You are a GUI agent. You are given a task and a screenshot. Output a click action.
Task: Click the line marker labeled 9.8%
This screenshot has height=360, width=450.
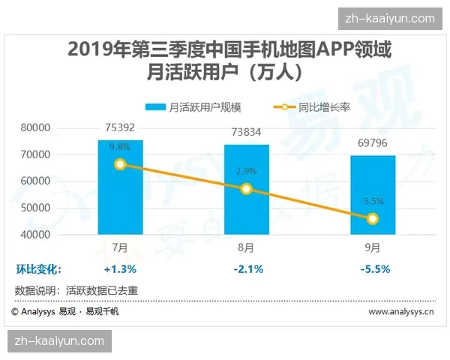[120, 164]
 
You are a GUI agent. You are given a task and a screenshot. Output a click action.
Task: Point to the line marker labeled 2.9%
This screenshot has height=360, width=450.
[246, 189]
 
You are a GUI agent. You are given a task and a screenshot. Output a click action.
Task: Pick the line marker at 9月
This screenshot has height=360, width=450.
[373, 218]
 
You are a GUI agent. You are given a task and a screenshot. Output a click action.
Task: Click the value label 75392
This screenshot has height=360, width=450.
[120, 127]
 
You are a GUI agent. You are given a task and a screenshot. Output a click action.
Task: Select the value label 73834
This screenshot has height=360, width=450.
[246, 132]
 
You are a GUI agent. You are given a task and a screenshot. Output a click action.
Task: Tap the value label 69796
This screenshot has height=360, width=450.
[373, 142]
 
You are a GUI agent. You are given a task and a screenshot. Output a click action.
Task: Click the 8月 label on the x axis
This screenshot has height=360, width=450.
[246, 246]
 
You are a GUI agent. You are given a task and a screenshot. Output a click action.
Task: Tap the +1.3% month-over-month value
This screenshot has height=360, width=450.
[120, 268]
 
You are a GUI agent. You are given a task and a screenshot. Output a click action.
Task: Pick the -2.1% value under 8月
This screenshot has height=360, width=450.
[246, 268]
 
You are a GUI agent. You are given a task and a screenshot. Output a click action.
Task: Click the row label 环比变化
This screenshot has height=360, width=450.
[38, 268]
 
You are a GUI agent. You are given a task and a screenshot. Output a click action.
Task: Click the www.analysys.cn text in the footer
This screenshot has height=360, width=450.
[400, 310]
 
